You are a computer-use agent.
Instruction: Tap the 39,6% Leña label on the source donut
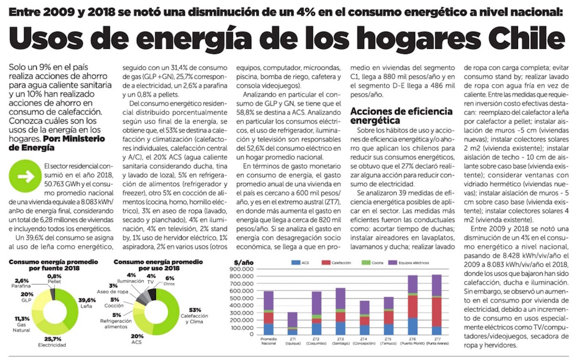87,302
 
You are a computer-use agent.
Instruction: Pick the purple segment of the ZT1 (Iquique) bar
292,320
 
